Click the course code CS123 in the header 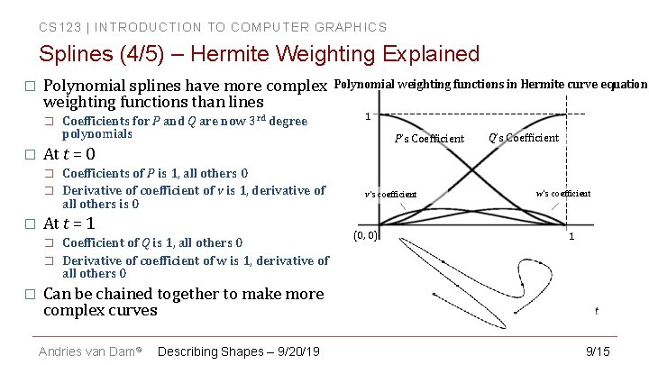tap(56, 27)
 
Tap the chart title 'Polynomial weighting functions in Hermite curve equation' tap(490, 85)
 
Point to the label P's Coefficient tap(429, 139)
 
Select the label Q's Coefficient tap(524, 138)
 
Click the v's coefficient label tap(390, 195)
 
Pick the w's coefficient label tap(562, 193)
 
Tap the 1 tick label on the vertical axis tap(368, 115)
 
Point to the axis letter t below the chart tap(596, 311)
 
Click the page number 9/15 tap(598, 351)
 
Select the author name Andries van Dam tap(87, 351)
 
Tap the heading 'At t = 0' tap(69, 153)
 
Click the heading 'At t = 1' tap(69, 224)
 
